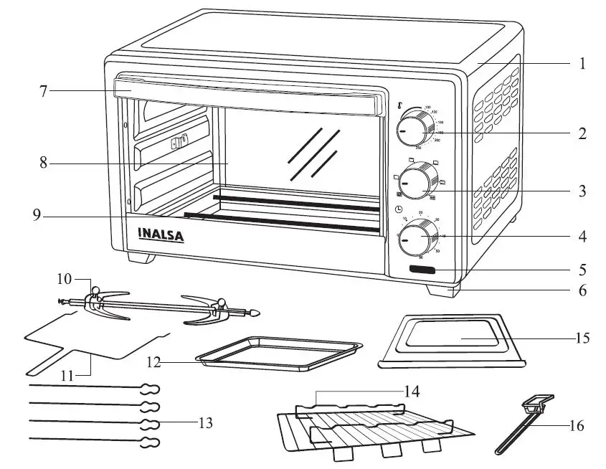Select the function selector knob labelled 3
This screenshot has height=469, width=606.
[x=414, y=183]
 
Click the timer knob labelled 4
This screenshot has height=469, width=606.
[x=414, y=237]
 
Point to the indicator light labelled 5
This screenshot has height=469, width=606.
[x=423, y=270]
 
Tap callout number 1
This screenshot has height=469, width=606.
[x=582, y=64]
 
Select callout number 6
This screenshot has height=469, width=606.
[x=582, y=290]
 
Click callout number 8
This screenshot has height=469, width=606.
[x=44, y=164]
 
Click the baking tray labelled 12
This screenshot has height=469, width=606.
[x=280, y=353]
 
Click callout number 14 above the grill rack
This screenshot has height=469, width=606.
[x=411, y=392]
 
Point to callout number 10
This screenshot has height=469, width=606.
[x=65, y=278]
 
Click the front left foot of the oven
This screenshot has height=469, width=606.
[x=141, y=257]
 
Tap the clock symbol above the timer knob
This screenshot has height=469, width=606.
[x=398, y=209]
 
